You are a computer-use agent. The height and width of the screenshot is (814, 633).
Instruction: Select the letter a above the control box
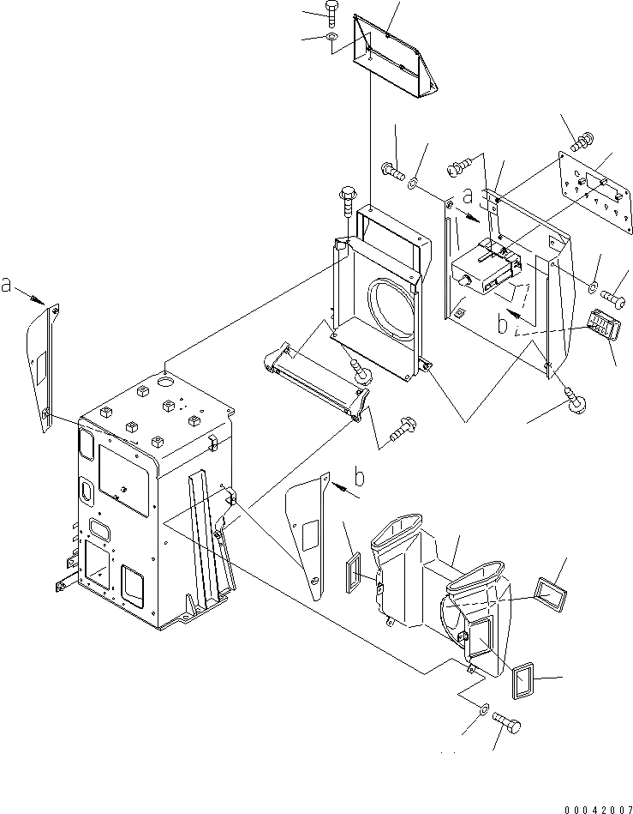click(x=467, y=196)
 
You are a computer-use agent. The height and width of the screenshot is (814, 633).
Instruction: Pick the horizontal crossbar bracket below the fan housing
click(x=317, y=383)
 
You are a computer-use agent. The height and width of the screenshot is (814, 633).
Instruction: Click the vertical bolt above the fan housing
click(x=347, y=202)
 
